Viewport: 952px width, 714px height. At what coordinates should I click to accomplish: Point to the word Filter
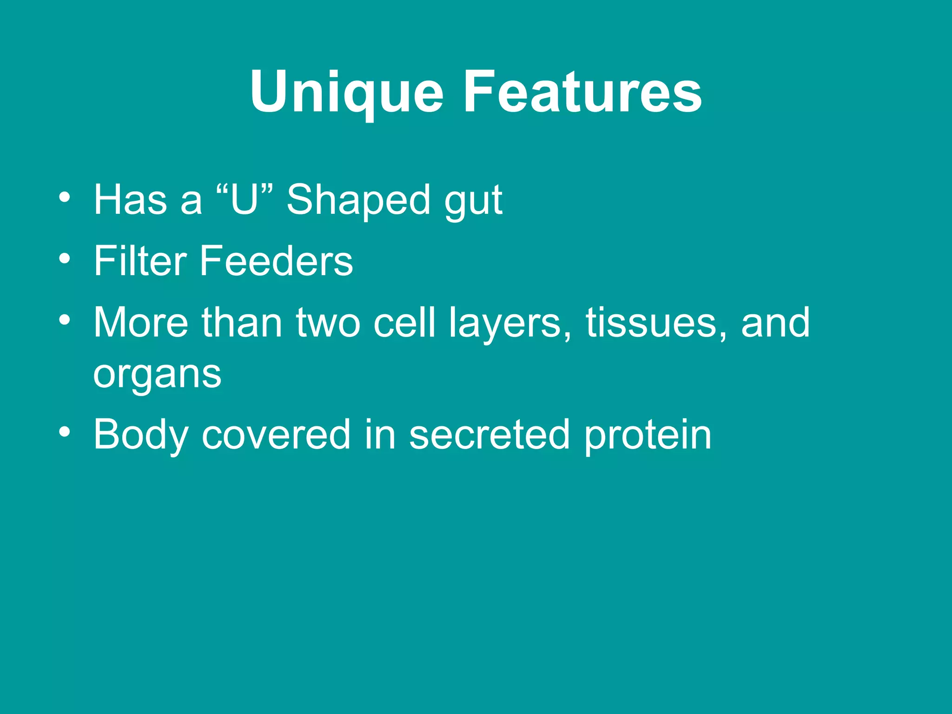point(140,261)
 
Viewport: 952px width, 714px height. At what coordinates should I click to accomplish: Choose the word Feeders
point(276,261)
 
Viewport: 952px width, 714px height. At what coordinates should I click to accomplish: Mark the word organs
point(157,375)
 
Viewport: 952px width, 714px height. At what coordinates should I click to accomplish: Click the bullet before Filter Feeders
point(65,258)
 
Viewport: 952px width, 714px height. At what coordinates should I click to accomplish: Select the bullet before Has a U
point(65,197)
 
